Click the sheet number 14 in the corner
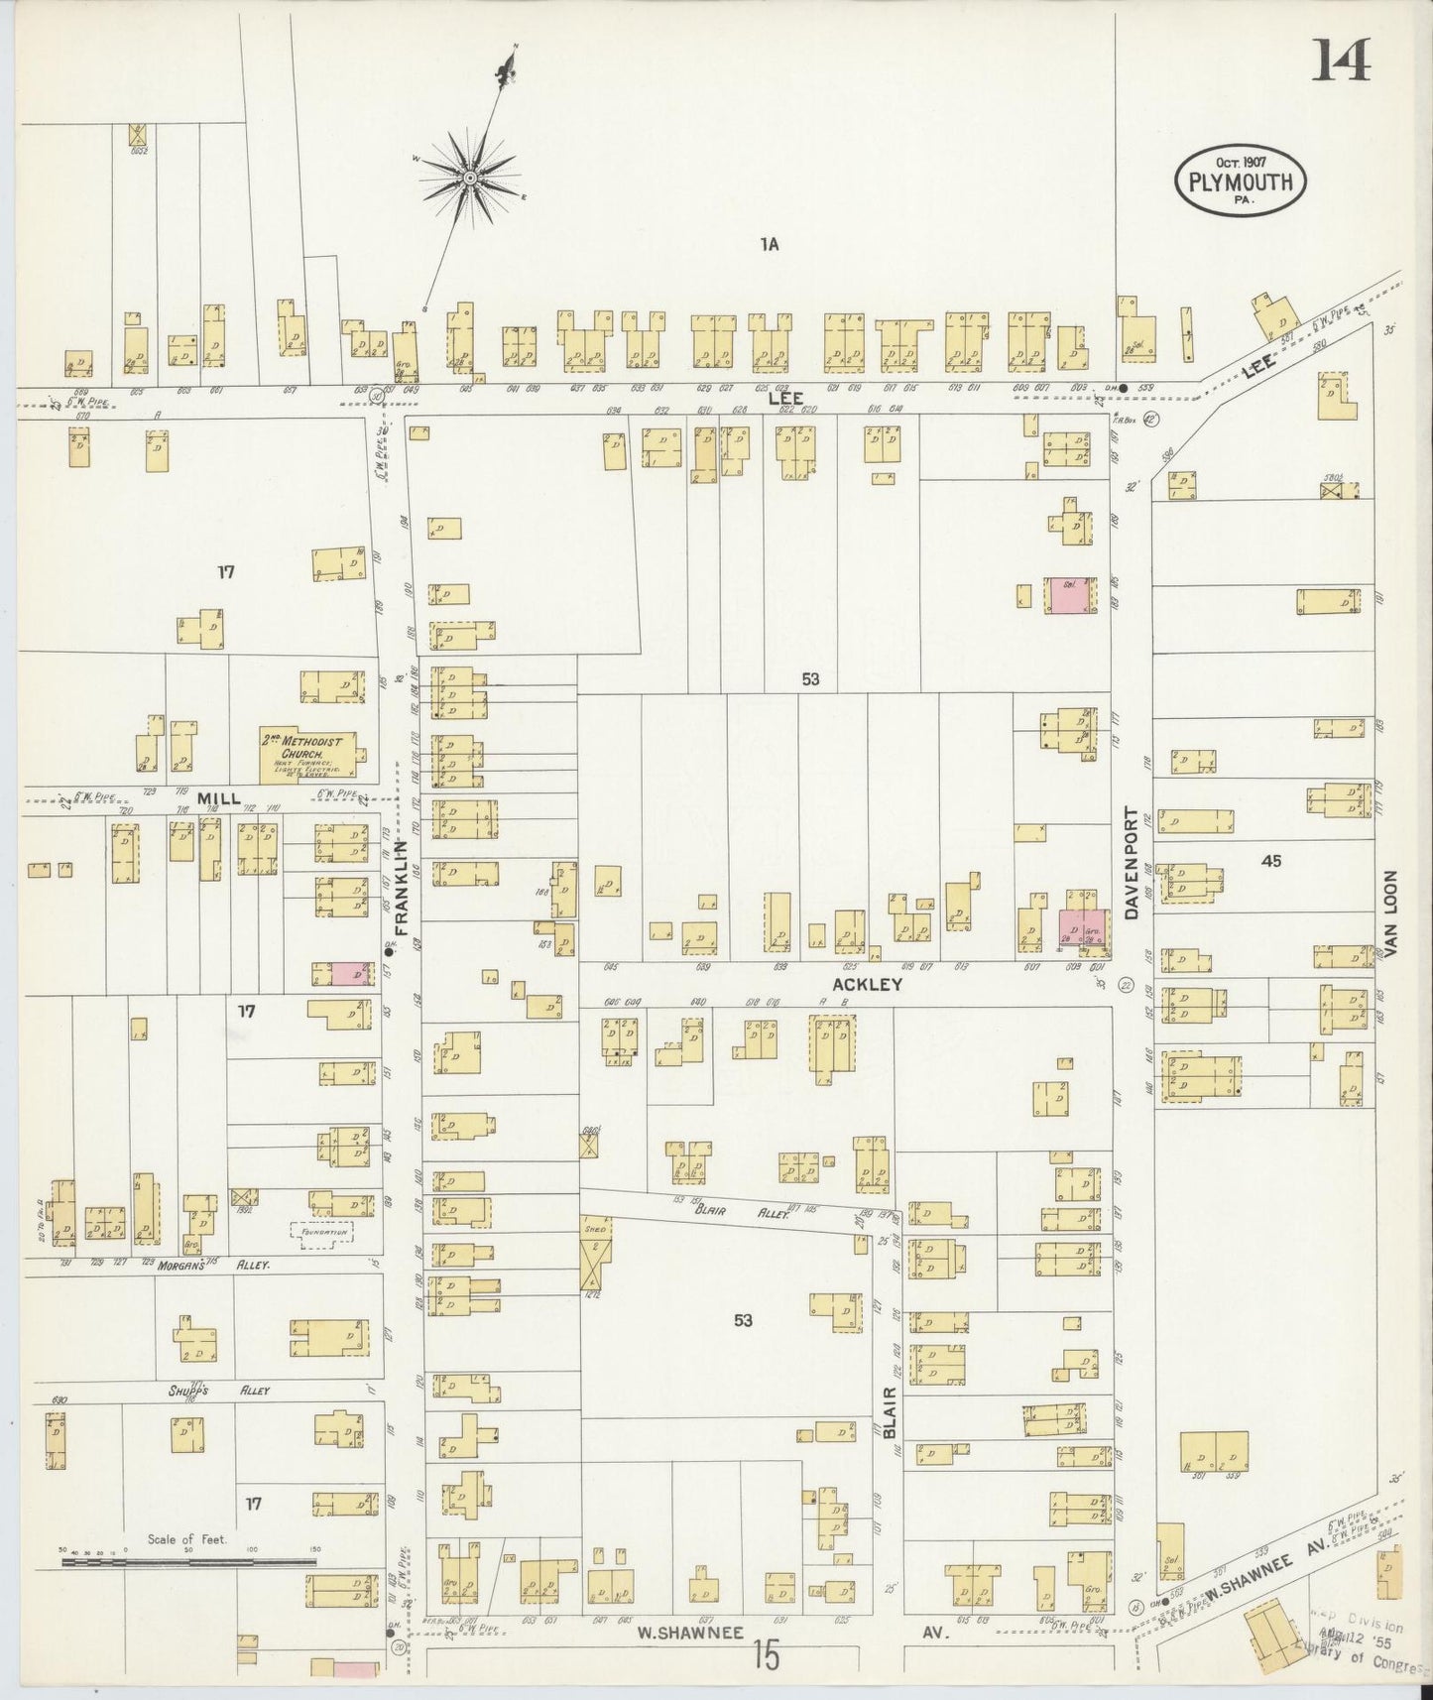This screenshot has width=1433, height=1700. (x=1343, y=61)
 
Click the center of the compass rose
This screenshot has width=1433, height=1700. (x=468, y=177)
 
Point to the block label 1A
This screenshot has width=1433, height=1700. (x=770, y=245)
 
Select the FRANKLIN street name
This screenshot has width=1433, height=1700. (x=402, y=888)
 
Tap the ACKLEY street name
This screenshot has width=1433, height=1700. (x=867, y=984)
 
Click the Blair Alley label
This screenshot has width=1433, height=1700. (x=720, y=1211)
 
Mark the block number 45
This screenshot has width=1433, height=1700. (x=1270, y=861)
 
